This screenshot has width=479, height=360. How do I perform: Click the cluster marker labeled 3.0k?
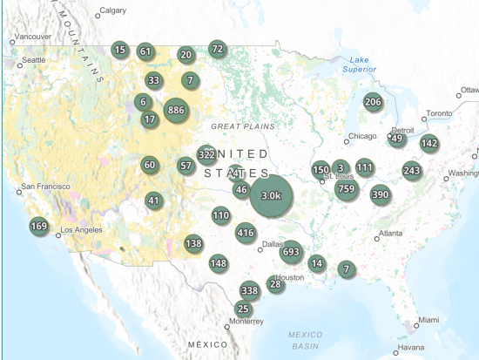271,195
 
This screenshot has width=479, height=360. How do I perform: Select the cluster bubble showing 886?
176,110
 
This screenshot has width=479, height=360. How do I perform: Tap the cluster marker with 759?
347,188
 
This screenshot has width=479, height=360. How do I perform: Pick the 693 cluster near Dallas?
291,252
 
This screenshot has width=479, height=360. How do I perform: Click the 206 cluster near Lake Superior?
373,102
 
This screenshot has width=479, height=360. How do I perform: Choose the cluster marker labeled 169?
38,227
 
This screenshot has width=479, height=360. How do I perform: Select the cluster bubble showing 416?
246,233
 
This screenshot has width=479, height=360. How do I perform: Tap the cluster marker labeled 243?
412,170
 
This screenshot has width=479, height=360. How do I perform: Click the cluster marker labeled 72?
218,49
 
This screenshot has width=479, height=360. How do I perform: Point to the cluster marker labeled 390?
380,194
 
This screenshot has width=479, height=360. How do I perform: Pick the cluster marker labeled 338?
250,290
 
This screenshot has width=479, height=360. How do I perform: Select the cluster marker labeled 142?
429,144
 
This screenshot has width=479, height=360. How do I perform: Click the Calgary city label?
112,11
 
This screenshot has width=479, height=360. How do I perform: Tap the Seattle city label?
34,60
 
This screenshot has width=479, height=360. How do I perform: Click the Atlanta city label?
389,234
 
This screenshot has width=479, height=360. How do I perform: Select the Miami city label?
427,321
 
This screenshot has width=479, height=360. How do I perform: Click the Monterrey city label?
246,322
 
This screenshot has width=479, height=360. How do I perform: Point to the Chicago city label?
361,137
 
